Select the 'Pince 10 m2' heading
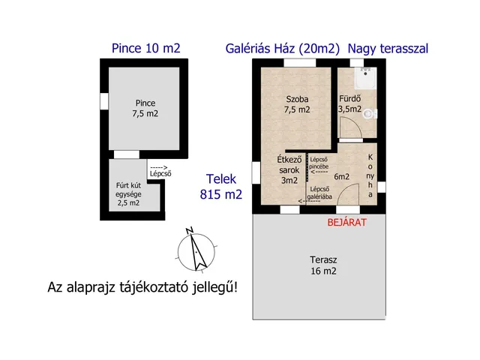pos(146,48)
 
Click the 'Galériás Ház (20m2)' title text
pos(283,48)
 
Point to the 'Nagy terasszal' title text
pos(388,48)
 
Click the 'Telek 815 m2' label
pos(221,187)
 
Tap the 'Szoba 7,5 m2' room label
pos(297,104)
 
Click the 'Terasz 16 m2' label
pos(324,265)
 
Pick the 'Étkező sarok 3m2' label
pos(289,169)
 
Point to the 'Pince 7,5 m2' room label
pos(146,108)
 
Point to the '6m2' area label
pos(343,176)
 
